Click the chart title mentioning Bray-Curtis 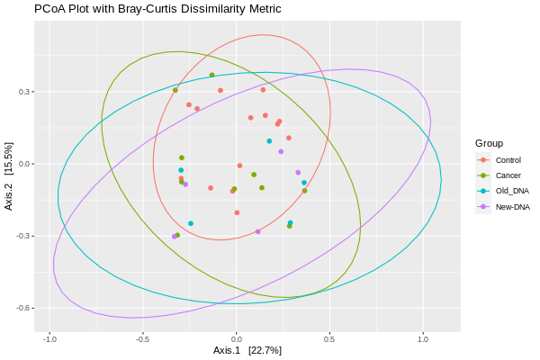point(157,9)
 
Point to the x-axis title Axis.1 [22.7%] point(247,350)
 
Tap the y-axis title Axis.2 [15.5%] point(9,176)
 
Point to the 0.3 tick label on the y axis point(26,92)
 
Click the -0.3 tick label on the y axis point(24,236)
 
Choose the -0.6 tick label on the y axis point(24,308)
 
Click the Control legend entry point(508,160)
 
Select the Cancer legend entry point(508,175)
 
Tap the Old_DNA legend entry point(511,192)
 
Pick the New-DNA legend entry point(512,207)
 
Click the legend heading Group point(489,143)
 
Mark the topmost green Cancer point point(211,76)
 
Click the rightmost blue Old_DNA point point(304,183)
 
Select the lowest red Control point point(237,212)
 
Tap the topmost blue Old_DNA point point(269,141)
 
